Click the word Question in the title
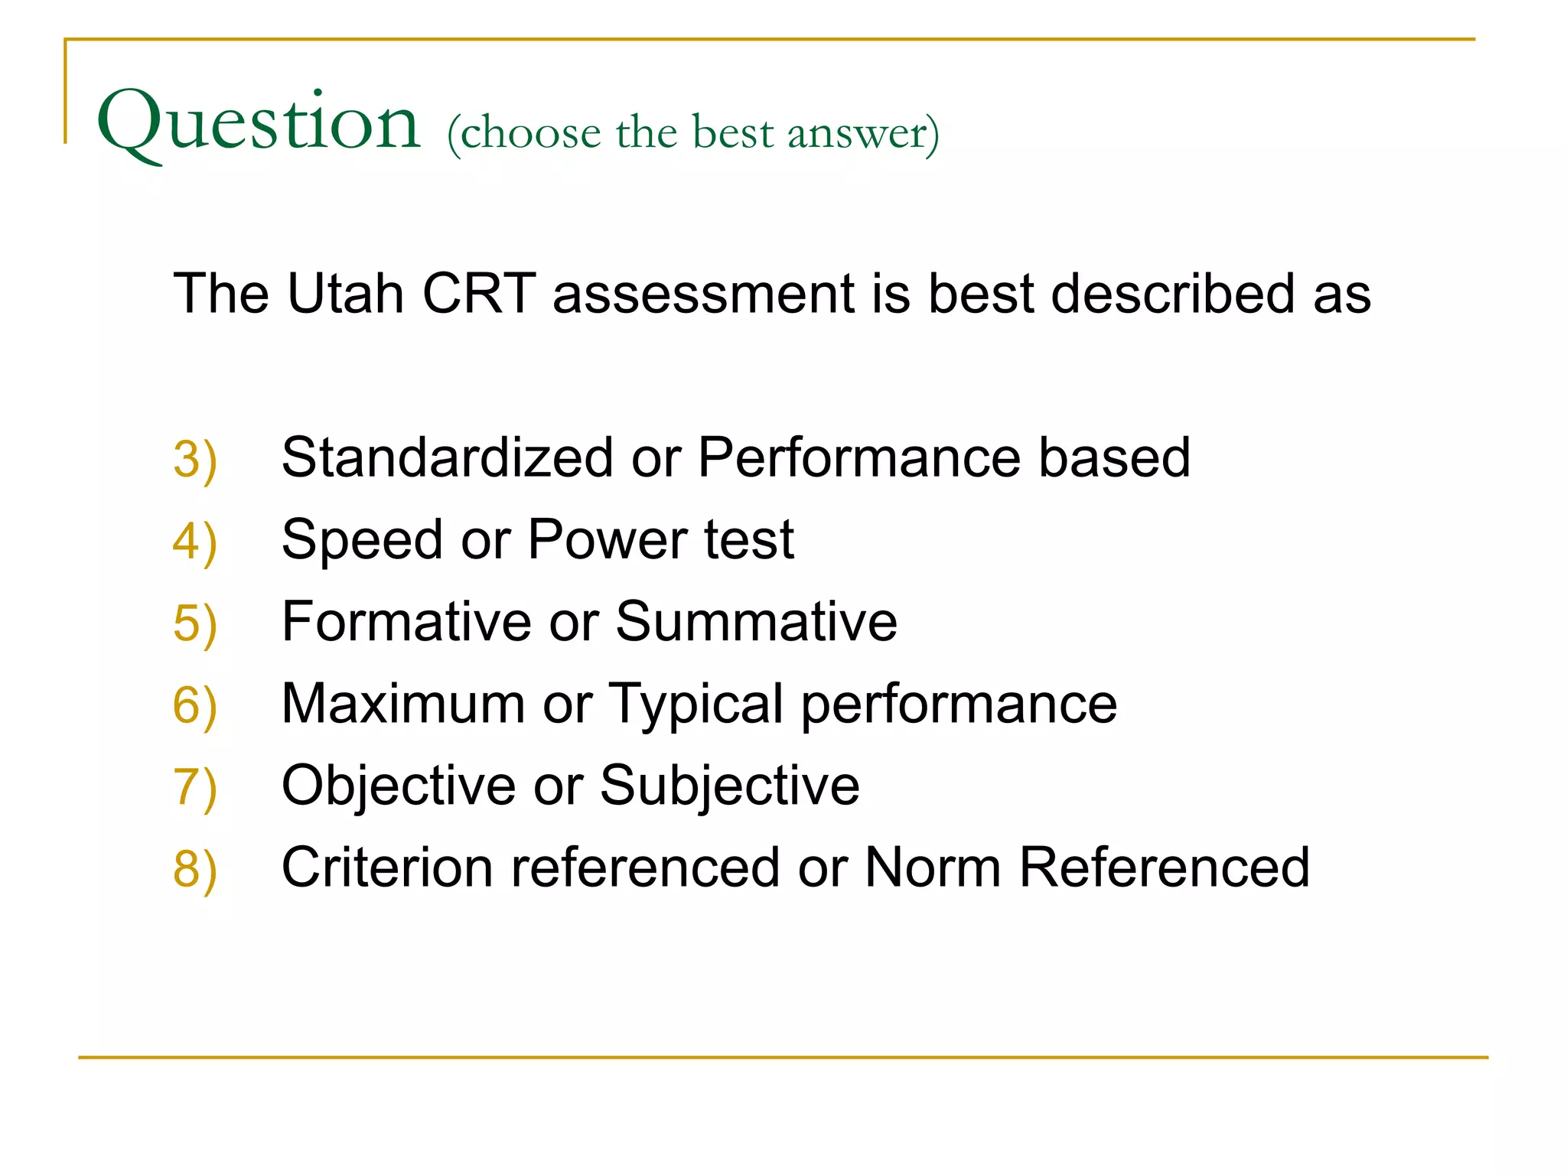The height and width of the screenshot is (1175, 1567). pyautogui.click(x=259, y=122)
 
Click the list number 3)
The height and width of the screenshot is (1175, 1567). pyautogui.click(x=195, y=460)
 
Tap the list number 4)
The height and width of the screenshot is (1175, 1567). pyautogui.click(x=195, y=542)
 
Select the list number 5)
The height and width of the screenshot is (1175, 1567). pyautogui.click(x=195, y=623)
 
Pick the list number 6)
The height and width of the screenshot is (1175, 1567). pyautogui.click(x=195, y=705)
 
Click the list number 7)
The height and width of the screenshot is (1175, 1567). pyautogui.click(x=195, y=787)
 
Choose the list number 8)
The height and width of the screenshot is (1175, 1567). pyautogui.click(x=195, y=869)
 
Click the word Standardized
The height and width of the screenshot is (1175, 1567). pyautogui.click(x=448, y=457)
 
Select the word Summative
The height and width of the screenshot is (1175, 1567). pyautogui.click(x=756, y=621)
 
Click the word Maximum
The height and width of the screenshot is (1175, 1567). pyautogui.click(x=403, y=703)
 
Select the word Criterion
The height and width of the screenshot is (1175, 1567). pyautogui.click(x=387, y=867)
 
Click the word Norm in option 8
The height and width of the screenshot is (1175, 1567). pyautogui.click(x=933, y=867)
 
